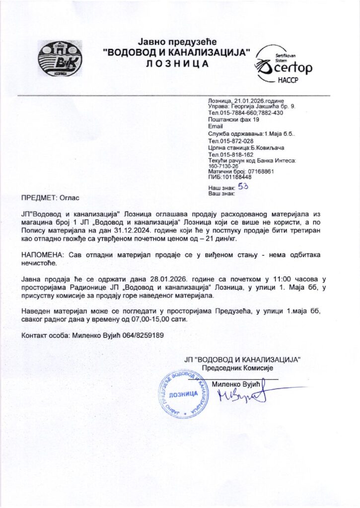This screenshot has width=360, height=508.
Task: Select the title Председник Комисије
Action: (241, 368)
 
